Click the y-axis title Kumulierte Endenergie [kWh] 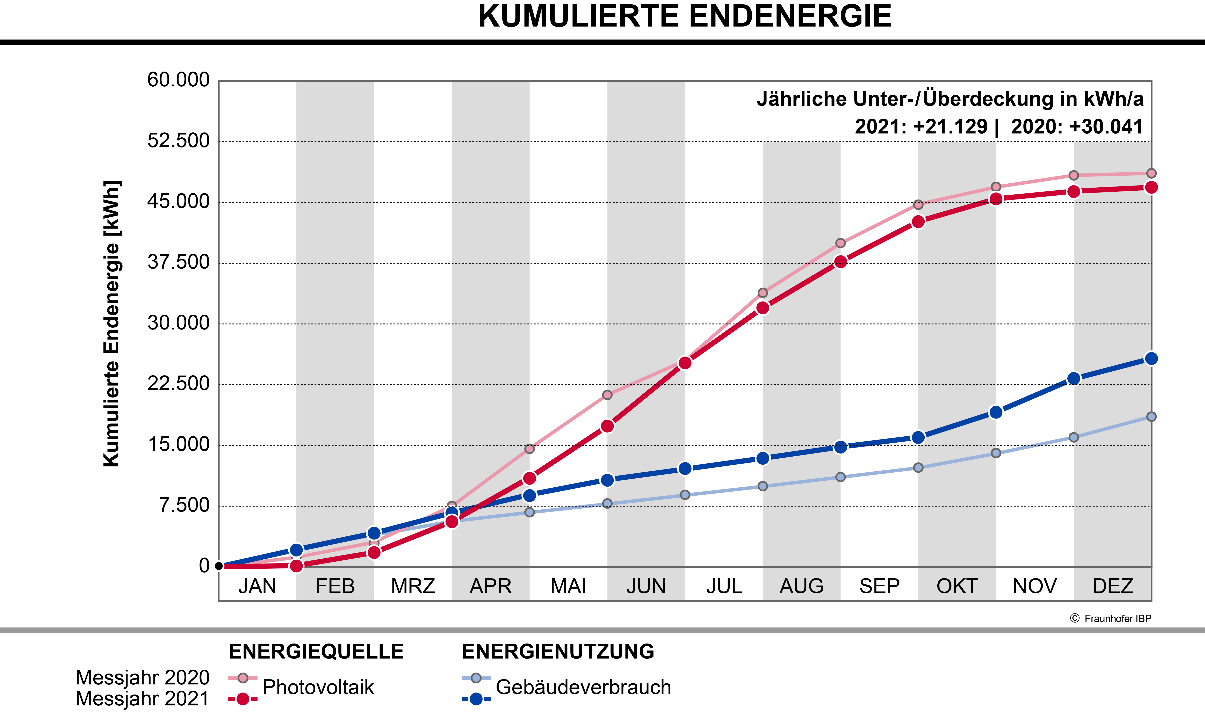tap(112, 324)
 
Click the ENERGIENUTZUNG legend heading tap(558, 652)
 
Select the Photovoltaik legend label tap(318, 687)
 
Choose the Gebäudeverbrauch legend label tap(583, 687)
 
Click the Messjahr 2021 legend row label tap(143, 699)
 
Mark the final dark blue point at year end tap(1151, 358)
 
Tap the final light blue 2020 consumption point tap(1151, 416)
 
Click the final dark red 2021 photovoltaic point tap(1151, 187)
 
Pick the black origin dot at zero tap(219, 566)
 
